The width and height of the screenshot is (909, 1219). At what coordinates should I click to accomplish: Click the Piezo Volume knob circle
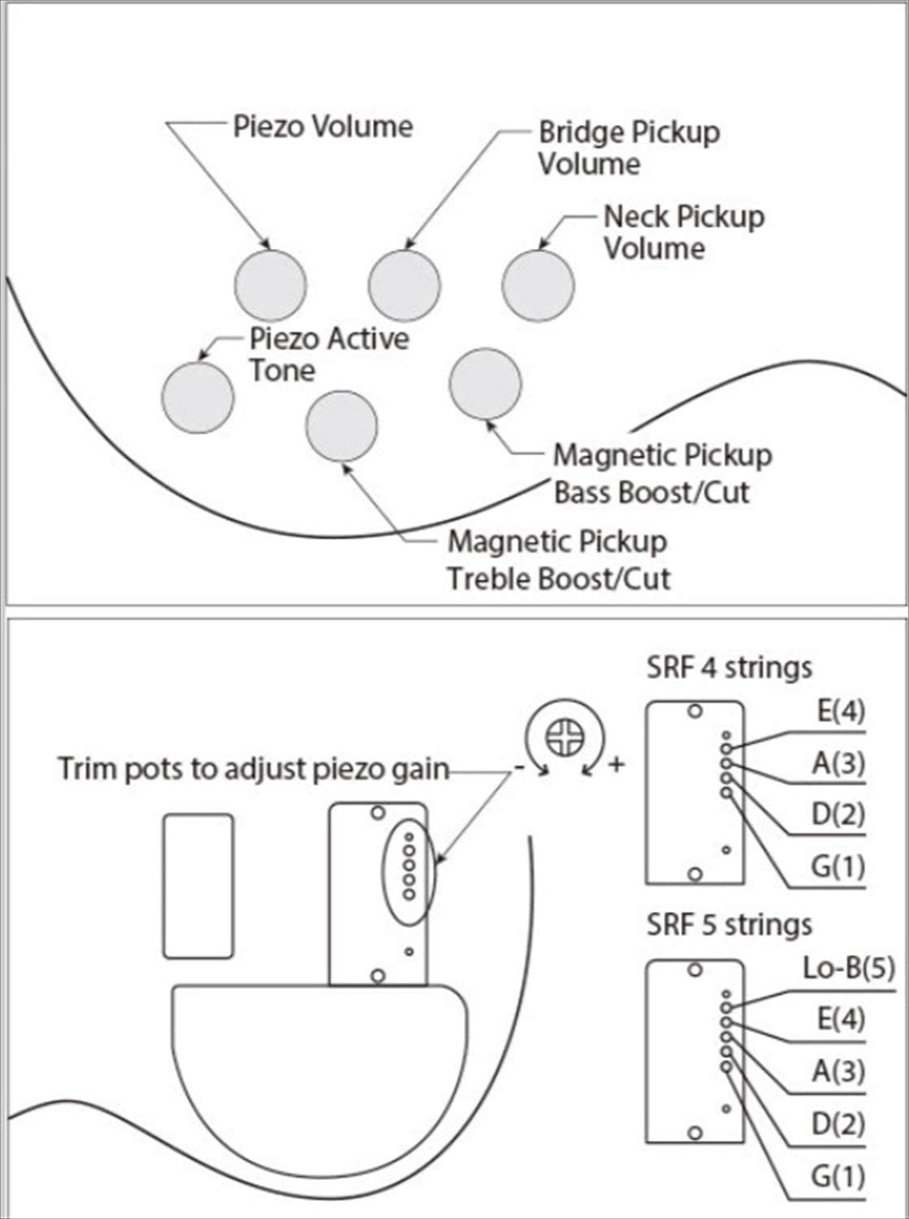click(271, 285)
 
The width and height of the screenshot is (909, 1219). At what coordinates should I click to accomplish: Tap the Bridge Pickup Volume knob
click(404, 285)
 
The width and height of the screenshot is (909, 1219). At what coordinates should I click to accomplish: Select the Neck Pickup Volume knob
click(538, 285)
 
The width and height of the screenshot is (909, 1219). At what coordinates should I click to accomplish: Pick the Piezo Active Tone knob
click(198, 397)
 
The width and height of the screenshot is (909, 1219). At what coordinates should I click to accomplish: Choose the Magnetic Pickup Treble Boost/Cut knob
click(342, 427)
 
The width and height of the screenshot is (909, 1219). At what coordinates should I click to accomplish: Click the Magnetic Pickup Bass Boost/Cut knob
click(485, 384)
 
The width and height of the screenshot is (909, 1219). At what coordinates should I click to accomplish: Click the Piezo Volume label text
click(322, 127)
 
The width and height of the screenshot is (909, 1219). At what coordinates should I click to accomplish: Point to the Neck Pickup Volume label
click(683, 232)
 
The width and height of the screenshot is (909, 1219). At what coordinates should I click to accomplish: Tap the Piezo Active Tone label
click(328, 354)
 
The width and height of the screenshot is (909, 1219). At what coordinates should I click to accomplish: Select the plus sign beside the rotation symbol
click(617, 765)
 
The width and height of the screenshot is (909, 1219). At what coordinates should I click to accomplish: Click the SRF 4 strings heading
click(729, 668)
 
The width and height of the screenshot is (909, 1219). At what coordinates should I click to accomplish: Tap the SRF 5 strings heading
click(729, 925)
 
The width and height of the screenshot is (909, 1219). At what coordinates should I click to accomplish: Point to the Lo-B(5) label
click(848, 968)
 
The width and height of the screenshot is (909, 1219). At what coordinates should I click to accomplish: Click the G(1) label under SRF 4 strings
click(838, 867)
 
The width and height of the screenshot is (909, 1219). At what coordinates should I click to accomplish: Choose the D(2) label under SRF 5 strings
click(838, 1124)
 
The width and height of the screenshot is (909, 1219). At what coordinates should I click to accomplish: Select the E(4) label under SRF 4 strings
click(841, 712)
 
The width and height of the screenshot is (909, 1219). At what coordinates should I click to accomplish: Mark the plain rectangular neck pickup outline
click(198, 886)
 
